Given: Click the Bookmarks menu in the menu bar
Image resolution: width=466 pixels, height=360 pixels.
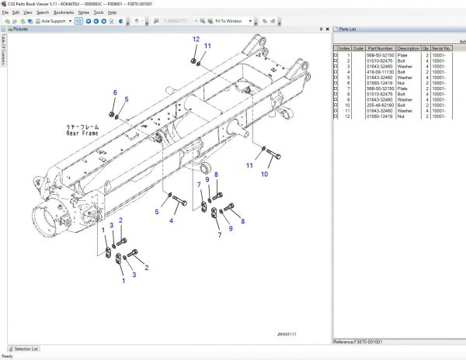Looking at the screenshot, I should pyautogui.click(x=63, y=13).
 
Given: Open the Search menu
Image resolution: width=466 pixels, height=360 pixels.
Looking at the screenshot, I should pyautogui.click(x=42, y=13).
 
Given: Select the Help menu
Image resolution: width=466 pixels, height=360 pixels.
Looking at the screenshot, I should pyautogui.click(x=112, y=13).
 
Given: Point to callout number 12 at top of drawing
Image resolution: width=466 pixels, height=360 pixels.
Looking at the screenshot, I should pyautogui.click(x=196, y=39).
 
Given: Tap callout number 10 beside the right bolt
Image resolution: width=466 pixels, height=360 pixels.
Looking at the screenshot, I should pyautogui.click(x=264, y=175).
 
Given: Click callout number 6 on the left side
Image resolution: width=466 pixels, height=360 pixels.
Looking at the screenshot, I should pyautogui.click(x=114, y=92).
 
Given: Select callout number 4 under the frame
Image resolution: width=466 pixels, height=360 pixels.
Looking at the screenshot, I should pyautogui.click(x=172, y=220).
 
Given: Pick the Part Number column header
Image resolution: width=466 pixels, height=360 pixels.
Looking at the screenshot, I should pyautogui.click(x=380, y=48).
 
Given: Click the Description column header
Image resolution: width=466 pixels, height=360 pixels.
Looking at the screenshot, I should pyautogui.click(x=409, y=48).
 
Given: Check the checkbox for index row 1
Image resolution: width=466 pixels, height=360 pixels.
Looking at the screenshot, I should pyautogui.click(x=336, y=55).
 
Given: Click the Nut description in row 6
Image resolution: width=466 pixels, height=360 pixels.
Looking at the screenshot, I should pyautogui.click(x=402, y=82).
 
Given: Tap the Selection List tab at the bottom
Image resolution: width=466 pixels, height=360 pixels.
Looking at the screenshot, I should pyautogui.click(x=25, y=348).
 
